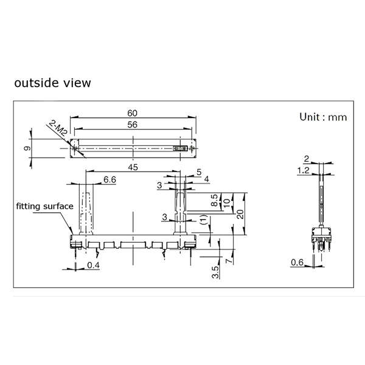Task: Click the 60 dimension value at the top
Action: (132, 113)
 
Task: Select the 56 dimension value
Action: (132, 125)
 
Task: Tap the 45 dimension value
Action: (133, 167)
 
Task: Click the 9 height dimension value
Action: (27, 148)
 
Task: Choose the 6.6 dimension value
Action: (109, 179)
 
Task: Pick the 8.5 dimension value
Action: (215, 200)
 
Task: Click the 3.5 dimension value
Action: (215, 272)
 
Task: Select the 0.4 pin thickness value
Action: (93, 265)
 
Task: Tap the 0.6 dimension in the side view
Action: (297, 263)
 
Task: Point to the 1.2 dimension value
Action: (304, 170)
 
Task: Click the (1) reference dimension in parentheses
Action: (204, 220)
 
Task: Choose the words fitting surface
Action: (44, 206)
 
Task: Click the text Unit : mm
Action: (323, 117)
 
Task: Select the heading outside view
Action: (52, 83)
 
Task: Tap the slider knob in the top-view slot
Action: (181, 148)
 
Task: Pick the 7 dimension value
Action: (229, 260)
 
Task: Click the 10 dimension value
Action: (227, 203)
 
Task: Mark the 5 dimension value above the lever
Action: (199, 172)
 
